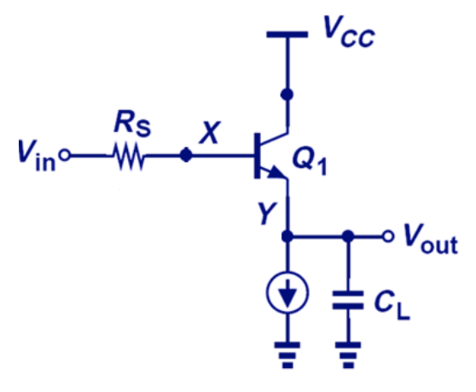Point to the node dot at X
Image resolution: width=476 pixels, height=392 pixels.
click(185, 158)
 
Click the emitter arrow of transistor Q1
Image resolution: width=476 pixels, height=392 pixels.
click(277, 174)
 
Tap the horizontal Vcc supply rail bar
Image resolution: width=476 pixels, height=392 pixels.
click(287, 36)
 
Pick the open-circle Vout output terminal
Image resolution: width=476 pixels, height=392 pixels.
click(392, 237)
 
